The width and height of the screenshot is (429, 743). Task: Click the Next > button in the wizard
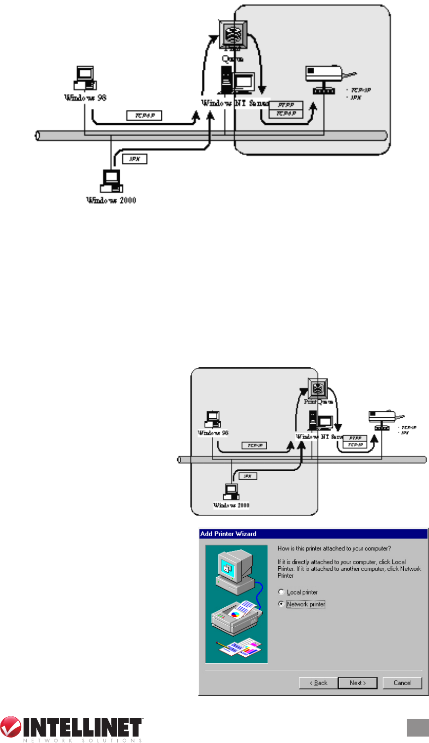pos(357,683)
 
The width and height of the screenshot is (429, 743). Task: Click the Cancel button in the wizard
pos(402,683)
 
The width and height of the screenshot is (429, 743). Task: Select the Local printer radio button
pos(282,592)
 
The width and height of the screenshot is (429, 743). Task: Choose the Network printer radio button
pos(282,604)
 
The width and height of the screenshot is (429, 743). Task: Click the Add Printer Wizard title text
pos(228,534)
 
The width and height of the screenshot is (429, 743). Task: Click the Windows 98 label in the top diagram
pos(85,98)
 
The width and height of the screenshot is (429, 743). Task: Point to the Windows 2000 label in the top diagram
pos(111,200)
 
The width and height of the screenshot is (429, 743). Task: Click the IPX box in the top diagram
pos(134,159)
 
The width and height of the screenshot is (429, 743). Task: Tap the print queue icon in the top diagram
pos(233,35)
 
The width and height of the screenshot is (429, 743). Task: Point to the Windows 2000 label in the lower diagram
pos(231,505)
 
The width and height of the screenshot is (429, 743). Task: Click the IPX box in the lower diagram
pos(248,476)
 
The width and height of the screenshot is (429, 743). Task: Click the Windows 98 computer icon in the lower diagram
pos(213,420)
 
